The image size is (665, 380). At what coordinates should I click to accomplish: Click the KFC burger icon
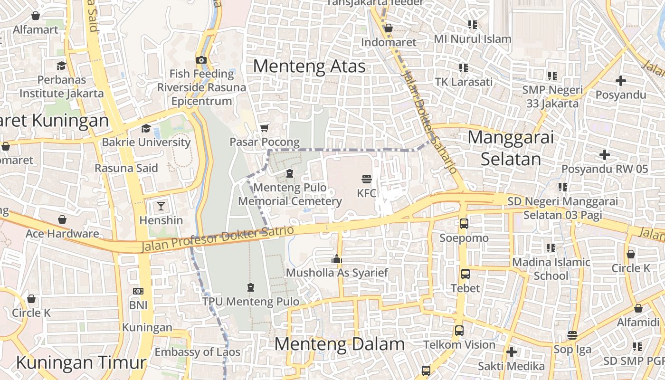[366, 179]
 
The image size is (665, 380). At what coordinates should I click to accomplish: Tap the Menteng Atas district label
[309, 66]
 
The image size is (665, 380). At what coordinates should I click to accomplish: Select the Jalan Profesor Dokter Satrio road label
[218, 239]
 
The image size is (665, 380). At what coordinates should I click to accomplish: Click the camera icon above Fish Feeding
[201, 60]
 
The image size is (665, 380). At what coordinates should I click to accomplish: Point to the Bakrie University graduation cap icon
[146, 129]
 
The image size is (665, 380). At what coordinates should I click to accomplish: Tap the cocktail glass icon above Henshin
[161, 206]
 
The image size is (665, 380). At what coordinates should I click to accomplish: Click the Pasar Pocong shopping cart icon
[265, 128]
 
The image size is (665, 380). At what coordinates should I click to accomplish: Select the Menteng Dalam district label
[340, 344]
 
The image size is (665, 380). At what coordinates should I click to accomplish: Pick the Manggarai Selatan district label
[511, 148]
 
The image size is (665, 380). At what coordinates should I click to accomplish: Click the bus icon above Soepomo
[464, 223]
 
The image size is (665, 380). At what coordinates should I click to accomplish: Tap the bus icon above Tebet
[465, 274]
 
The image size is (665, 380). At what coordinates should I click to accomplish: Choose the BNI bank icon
[138, 291]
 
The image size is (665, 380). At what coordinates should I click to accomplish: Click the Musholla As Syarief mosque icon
[337, 259]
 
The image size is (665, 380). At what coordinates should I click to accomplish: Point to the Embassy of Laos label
[197, 352]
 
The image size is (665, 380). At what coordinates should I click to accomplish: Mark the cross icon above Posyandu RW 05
[604, 155]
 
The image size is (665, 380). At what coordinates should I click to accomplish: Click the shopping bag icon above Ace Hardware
[62, 219]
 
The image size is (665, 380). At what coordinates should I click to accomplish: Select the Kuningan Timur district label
[81, 362]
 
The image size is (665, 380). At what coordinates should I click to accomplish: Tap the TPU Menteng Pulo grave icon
[251, 287]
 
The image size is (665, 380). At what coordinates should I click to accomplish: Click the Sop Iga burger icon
[572, 335]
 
